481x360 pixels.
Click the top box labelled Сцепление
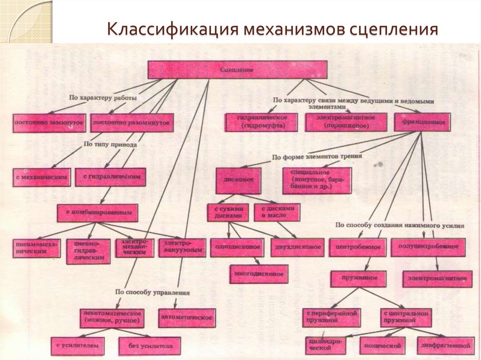[237, 70]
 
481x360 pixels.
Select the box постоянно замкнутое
[49, 123]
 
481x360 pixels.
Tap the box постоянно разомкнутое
[131, 123]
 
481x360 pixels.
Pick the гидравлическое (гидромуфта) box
[262, 122]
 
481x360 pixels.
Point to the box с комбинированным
[97, 213]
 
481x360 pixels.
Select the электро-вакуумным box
[182, 247]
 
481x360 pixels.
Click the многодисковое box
[258, 274]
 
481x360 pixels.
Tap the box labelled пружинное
[358, 278]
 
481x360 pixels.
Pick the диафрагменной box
[444, 345]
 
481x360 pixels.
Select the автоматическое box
[187, 317]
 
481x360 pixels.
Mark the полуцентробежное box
[428, 246]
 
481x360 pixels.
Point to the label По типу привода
[110, 145]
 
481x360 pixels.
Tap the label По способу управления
[152, 292]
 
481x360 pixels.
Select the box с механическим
[42, 177]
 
